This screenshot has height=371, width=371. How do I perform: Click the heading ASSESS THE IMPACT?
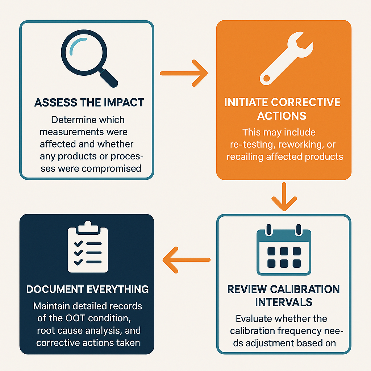coord(89,103)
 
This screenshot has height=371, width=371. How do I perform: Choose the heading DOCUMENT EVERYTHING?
coord(87,289)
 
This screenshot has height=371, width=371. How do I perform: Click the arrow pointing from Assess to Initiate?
coord(184,74)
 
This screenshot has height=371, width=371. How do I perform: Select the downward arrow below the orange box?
coord(284,197)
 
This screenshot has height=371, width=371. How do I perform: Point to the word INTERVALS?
coord(283,302)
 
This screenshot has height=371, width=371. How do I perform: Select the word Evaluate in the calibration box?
coord(254,319)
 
